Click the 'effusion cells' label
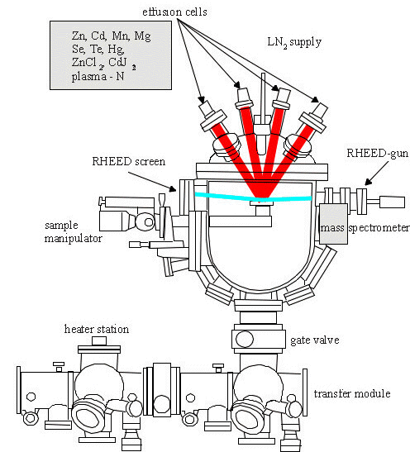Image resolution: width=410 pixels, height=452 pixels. coord(174,12)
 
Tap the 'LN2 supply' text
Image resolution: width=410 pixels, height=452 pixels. coord(294,42)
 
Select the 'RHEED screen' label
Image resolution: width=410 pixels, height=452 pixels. coord(129,161)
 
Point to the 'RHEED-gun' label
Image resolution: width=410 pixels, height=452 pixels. coord(377,153)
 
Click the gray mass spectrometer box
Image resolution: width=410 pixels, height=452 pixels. coord(333,224)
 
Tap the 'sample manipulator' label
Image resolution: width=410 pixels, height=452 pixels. coord(74,231)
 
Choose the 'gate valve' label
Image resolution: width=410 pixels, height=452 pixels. coord(315,340)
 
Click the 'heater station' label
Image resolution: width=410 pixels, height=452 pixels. coord(97,329)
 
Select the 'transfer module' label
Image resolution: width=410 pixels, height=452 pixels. coord(352,393)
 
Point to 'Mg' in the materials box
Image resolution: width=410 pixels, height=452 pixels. coord(142,36)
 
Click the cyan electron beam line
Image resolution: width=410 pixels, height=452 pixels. coord(253,197)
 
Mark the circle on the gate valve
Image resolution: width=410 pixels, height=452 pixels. coord(245,340)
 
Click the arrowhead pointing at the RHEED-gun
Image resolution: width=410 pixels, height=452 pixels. coord(367,182)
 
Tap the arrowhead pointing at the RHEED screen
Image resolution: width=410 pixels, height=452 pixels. coord(173,188)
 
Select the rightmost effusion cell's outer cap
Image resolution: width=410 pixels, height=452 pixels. coord(322,110)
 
